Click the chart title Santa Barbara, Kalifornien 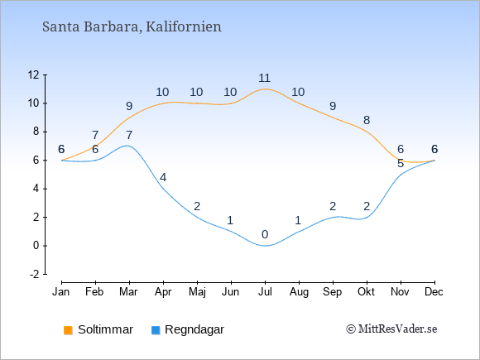132,26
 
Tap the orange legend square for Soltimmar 68,330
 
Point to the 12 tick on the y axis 34,74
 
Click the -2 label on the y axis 35,274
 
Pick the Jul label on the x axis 265,292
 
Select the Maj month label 197,292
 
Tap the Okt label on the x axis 366,292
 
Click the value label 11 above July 265,78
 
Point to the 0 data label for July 265,235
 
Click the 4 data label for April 163,178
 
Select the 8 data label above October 367,120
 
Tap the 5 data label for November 401,164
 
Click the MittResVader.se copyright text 391,329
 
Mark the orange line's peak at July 265,89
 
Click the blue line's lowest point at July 265,246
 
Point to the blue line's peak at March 127,146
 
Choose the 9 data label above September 333,106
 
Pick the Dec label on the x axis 434,292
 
